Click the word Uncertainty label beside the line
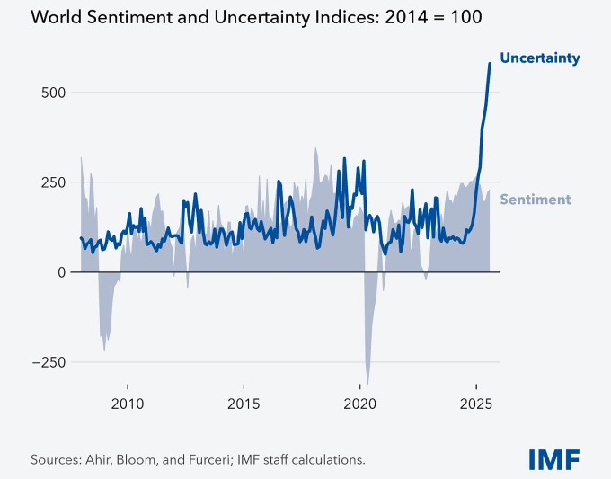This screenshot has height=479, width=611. (x=539, y=58)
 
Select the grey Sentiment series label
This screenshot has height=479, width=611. (x=535, y=199)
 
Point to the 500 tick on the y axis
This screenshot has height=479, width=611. (x=54, y=93)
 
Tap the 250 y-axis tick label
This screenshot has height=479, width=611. (x=54, y=182)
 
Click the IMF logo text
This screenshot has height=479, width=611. (x=553, y=458)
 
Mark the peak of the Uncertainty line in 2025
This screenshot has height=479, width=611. (x=490, y=63)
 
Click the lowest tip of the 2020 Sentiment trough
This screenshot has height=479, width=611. (x=367, y=385)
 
